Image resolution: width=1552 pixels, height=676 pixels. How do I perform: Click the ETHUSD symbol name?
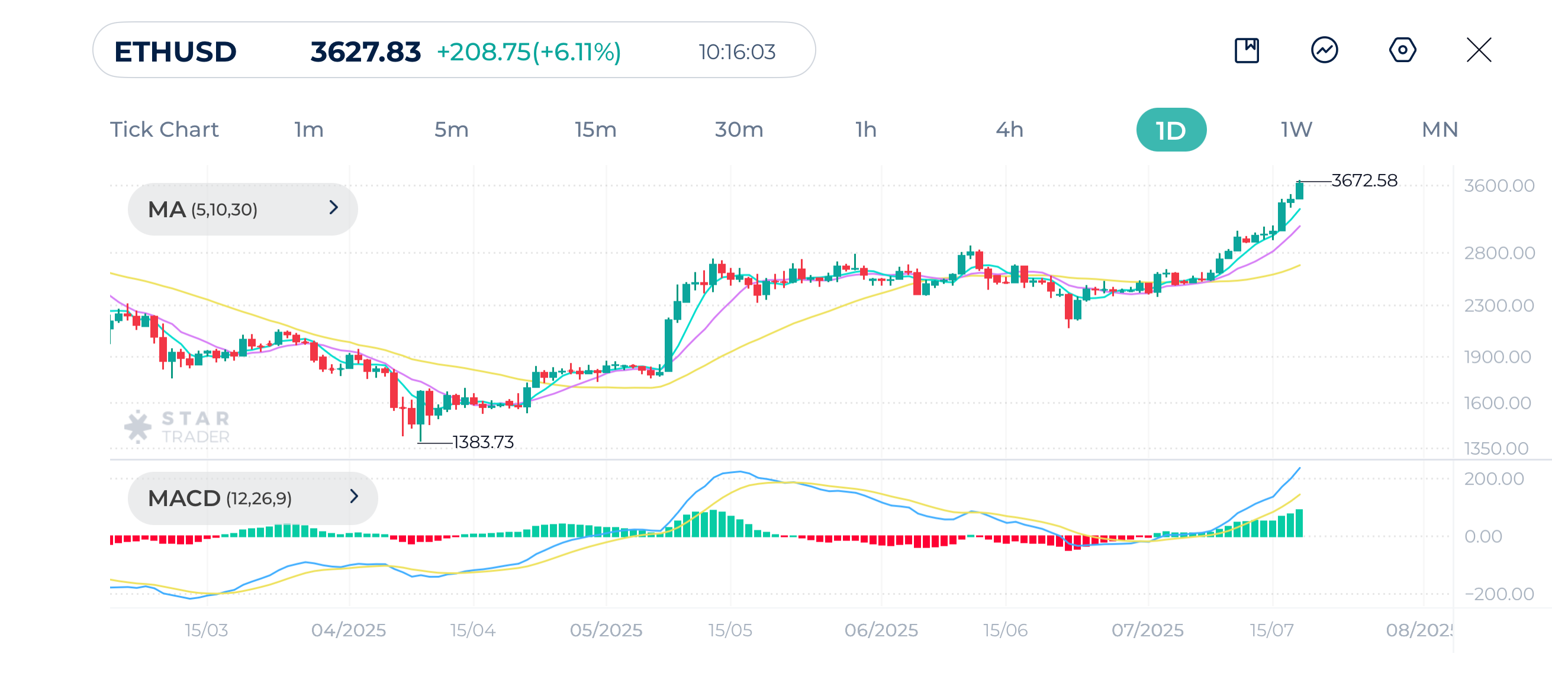click(175, 52)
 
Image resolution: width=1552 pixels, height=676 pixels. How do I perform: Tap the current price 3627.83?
click(365, 52)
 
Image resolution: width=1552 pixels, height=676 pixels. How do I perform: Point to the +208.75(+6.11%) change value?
click(529, 52)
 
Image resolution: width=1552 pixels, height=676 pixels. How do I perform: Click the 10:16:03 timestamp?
click(737, 53)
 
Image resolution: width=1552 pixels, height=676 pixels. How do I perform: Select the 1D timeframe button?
click(1171, 130)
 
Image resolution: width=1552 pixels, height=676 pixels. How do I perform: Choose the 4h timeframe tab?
click(1009, 130)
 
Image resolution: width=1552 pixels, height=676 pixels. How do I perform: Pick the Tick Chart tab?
click(164, 130)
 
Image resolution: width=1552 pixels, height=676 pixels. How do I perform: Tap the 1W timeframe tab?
click(1296, 130)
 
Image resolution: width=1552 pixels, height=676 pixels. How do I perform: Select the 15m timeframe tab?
click(595, 130)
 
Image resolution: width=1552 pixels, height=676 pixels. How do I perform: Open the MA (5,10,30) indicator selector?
click(242, 209)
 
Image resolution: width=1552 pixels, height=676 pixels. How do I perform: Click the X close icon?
click(1479, 50)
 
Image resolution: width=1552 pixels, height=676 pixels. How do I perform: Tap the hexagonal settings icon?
click(1402, 50)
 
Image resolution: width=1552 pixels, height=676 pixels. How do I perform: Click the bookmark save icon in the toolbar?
click(1247, 50)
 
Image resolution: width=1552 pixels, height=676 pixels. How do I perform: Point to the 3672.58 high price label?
click(1363, 181)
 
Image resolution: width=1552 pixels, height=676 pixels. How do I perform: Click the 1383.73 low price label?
click(482, 442)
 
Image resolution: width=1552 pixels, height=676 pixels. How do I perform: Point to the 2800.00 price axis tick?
click(1499, 253)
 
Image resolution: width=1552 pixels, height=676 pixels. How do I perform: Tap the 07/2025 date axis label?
click(1147, 630)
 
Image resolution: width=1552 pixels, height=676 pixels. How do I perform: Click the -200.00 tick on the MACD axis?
click(1499, 594)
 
